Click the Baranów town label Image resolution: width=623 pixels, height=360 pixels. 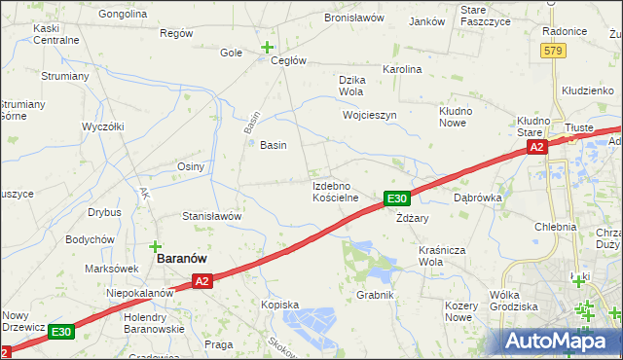tap(186, 261)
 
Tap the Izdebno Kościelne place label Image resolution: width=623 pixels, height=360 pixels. tap(336, 191)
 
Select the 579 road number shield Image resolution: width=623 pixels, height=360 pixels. tap(553, 51)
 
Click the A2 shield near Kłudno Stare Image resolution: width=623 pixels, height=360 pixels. tap(536, 147)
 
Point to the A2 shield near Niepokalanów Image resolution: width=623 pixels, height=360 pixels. tap(202, 281)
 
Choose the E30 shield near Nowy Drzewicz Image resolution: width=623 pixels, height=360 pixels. tap(61, 332)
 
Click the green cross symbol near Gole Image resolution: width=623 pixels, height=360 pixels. tap(267, 46)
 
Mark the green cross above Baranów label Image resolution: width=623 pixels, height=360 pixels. tap(155, 247)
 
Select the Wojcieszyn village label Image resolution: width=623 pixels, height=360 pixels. tap(370, 115)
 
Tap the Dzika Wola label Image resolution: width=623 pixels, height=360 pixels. tap(349, 86)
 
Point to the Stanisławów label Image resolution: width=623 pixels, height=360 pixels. tap(211, 216)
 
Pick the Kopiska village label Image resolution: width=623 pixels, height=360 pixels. tap(279, 305)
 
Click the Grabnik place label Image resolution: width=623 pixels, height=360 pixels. tap(374, 295)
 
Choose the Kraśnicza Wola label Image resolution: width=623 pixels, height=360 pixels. tap(444, 256)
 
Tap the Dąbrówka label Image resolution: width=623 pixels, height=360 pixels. tap(477, 197)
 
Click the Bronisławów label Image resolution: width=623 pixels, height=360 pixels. tap(355, 18)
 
